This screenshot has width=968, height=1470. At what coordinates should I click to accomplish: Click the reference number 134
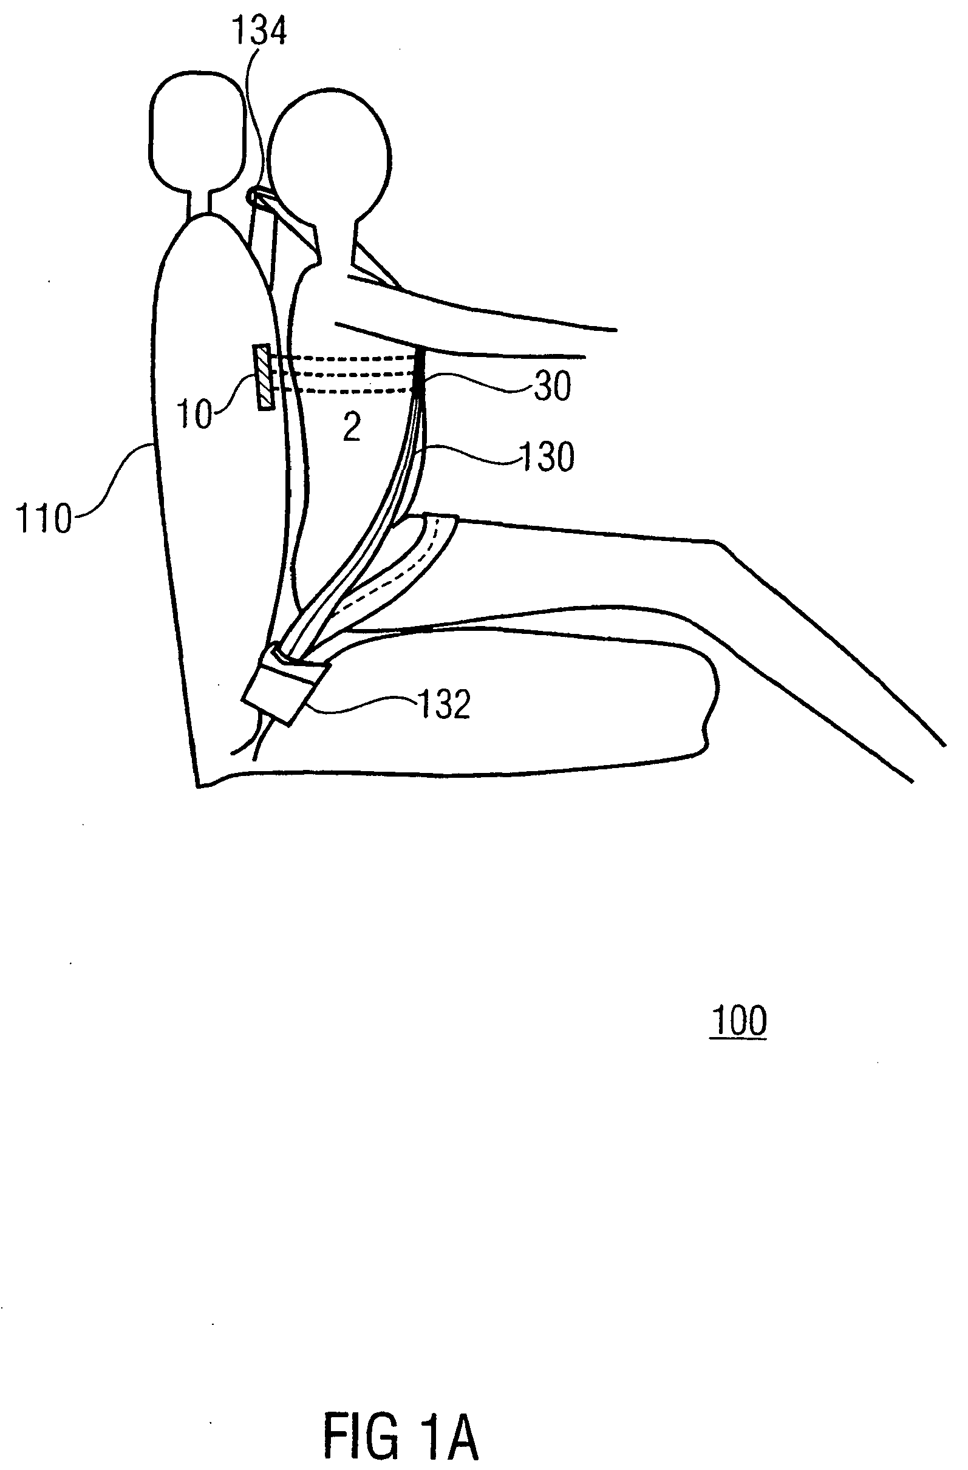pos(259,32)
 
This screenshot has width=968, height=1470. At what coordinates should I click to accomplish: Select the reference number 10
pos(194,413)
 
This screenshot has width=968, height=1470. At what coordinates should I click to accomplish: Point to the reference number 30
pos(551,386)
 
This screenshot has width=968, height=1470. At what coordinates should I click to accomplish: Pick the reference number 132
pos(444,704)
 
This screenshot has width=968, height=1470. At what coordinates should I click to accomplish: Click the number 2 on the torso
pos(352,427)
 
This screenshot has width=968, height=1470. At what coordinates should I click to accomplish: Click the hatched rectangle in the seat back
pos(264,377)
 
